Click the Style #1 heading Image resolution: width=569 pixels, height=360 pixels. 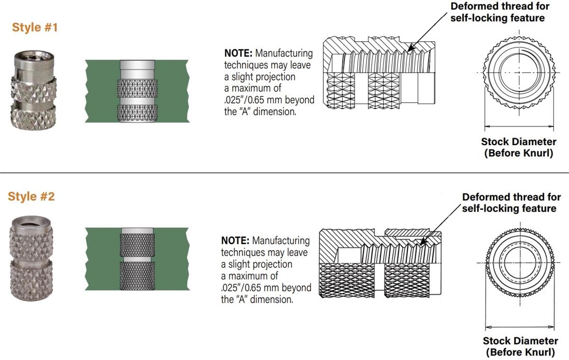tap(35, 28)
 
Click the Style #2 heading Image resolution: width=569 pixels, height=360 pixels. tap(31, 196)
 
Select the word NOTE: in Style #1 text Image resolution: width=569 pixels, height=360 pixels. tap(236, 53)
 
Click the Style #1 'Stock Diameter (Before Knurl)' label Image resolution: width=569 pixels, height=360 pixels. tap(519, 148)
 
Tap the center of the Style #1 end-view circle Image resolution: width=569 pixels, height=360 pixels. tap(519, 72)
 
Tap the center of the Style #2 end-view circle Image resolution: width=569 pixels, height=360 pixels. tap(520, 261)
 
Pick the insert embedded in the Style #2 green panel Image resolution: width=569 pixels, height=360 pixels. tap(138, 259)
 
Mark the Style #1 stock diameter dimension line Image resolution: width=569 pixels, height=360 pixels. tap(519, 127)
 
